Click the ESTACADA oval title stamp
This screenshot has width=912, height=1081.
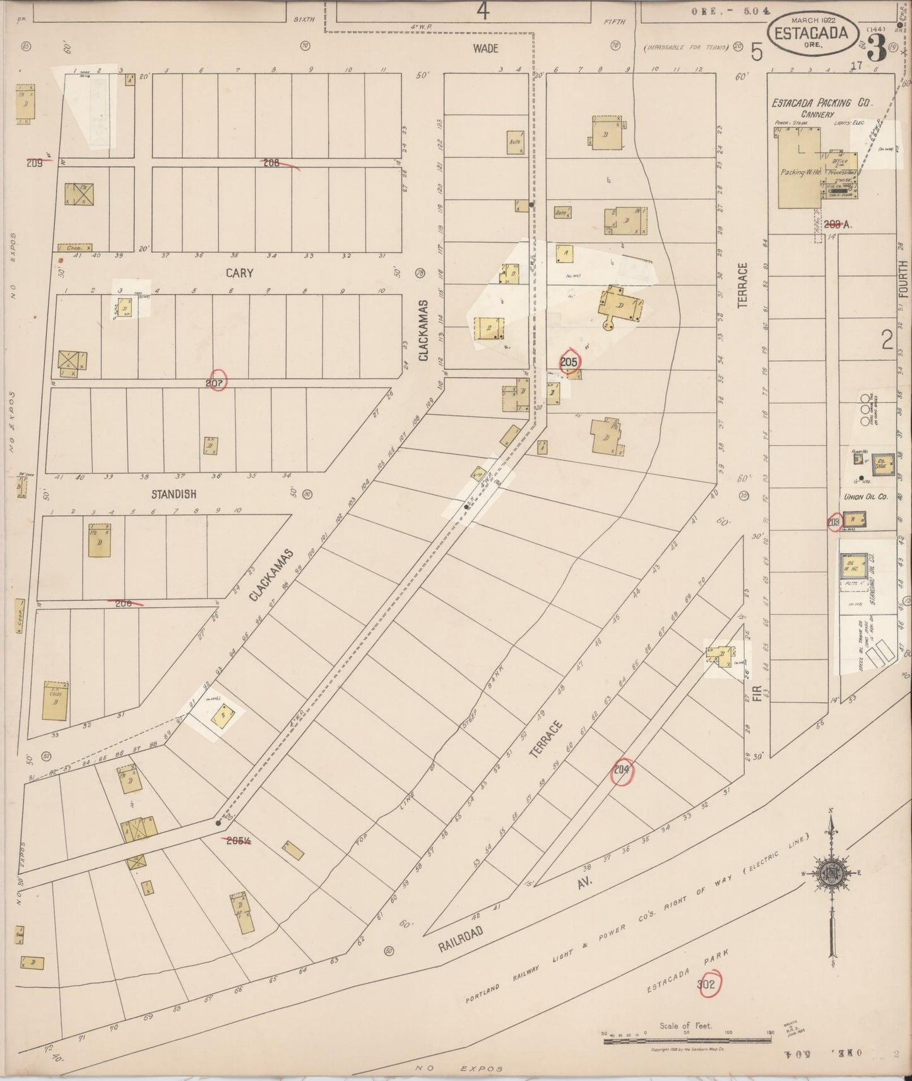[x=812, y=33]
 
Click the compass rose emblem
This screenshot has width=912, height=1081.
[x=831, y=873]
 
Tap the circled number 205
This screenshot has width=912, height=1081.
[x=569, y=361]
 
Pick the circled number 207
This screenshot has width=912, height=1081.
[x=216, y=382]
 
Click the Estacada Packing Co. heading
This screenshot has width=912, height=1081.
[x=821, y=103]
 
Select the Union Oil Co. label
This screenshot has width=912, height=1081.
[x=866, y=497]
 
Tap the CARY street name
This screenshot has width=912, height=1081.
[x=239, y=273]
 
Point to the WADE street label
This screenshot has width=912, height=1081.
[x=486, y=49]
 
